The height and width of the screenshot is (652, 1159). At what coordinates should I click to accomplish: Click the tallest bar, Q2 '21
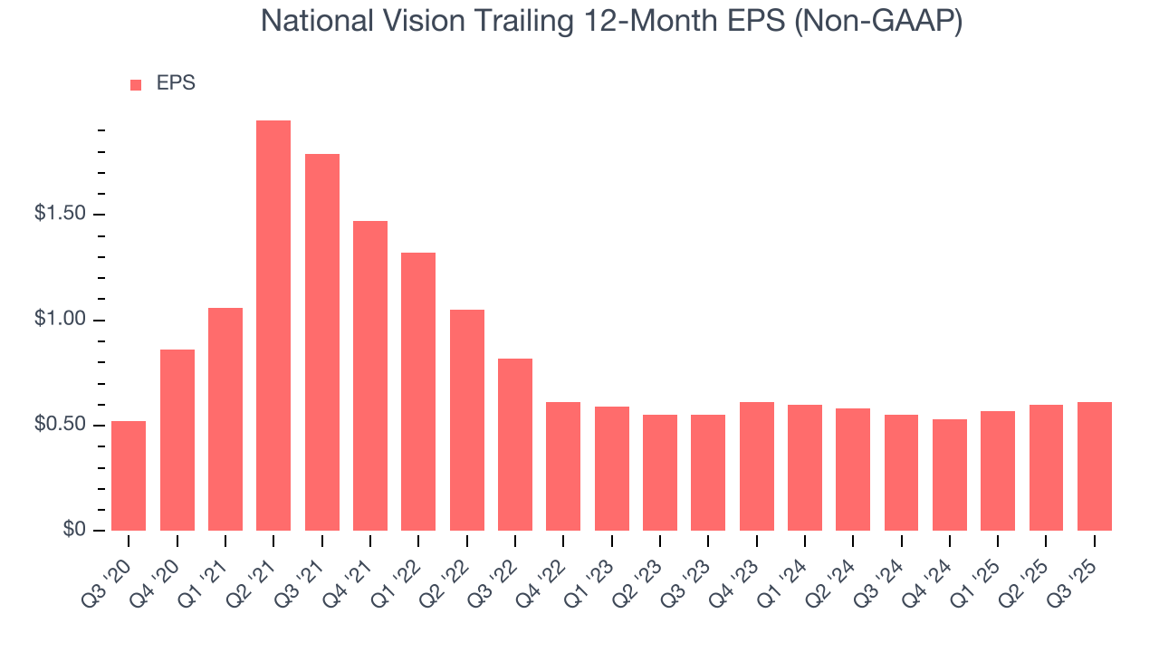point(273,326)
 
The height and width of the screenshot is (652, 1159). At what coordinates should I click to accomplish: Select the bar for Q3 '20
point(129,476)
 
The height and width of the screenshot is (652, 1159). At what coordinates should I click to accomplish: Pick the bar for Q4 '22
point(563,466)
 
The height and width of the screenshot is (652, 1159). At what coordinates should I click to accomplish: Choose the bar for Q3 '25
point(1095,466)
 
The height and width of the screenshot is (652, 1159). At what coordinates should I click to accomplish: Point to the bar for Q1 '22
point(418,392)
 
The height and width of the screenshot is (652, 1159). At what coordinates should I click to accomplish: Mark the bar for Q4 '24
point(950,475)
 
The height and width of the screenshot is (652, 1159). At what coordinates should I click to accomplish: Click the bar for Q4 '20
point(177,440)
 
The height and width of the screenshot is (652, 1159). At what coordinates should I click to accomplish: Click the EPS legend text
point(176,83)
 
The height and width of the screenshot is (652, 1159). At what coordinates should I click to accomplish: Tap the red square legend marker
point(136,84)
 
